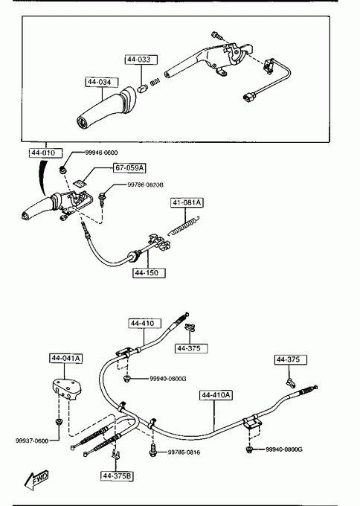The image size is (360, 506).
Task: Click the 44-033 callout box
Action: (141, 60)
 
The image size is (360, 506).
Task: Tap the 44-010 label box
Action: (45, 153)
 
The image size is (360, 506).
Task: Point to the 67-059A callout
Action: (129, 168)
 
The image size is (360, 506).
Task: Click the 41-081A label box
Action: (187, 202)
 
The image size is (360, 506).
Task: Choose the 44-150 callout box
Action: (149, 272)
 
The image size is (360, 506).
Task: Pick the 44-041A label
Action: (65, 358)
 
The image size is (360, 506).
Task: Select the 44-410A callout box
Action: (216, 395)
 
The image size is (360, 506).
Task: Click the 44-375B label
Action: (117, 476)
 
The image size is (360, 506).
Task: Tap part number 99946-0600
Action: (101, 153)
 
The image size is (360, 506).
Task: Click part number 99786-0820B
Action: (145, 185)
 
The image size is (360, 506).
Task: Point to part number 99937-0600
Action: (32, 441)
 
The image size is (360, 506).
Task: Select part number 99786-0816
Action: (184, 452)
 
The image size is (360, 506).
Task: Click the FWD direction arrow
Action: (36, 479)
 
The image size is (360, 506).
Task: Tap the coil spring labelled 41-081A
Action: (184, 225)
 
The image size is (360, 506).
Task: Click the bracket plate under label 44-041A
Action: (67, 389)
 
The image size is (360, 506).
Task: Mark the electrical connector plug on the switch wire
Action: (249, 97)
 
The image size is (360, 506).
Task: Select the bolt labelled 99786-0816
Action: (153, 450)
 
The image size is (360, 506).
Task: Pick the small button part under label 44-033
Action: (142, 88)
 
